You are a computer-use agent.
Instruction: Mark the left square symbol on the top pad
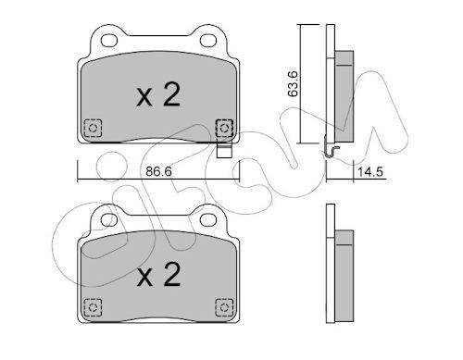[92, 128]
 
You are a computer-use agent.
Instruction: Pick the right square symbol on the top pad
[222, 128]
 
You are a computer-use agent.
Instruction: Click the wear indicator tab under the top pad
[221, 147]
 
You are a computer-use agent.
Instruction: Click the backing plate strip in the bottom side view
[330, 278]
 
